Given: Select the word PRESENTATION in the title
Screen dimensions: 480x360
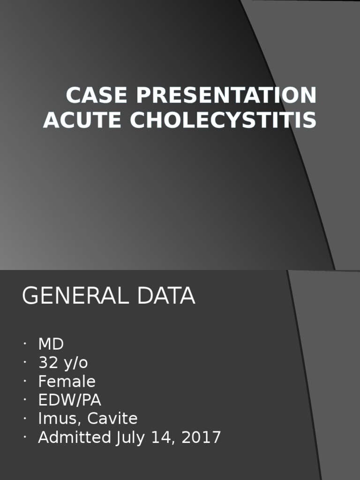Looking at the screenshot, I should tap(226, 96).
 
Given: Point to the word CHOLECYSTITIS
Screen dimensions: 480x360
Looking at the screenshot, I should tap(223, 120).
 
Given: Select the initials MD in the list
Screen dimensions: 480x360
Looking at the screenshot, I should tap(51, 345).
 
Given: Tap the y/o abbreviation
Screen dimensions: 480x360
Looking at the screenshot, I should tap(75, 363).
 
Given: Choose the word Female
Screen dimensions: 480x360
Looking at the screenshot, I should tap(67, 382).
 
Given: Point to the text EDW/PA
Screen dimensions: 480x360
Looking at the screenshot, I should tap(69, 400).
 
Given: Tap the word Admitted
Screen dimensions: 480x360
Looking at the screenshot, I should tap(74, 437).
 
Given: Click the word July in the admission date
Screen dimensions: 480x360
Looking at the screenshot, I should tap(130, 437).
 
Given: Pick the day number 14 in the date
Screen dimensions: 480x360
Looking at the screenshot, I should tap(161, 437).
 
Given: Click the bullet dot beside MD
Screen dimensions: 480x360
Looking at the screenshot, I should tap(24, 345).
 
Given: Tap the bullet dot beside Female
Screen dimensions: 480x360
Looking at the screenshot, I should tap(24, 382).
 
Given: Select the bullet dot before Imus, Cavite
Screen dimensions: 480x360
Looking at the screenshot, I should tap(24, 419).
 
